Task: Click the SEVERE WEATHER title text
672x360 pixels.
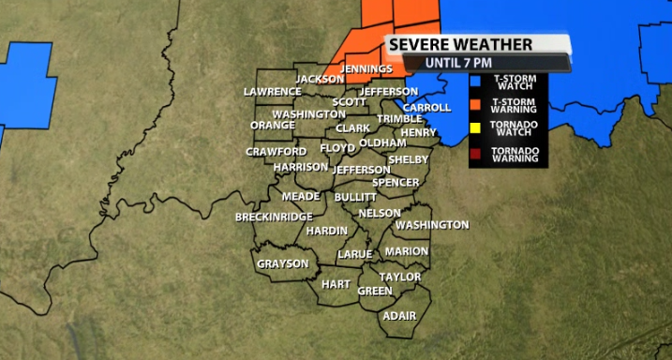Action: point(460,44)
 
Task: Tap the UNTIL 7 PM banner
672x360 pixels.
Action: point(457,62)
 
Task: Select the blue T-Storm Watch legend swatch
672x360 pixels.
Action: point(476,82)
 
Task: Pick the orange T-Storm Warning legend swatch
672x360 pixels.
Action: point(476,104)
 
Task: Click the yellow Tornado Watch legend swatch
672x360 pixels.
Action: point(476,128)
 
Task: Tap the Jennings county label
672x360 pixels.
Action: point(366,69)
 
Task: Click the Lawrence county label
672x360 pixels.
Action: point(272,92)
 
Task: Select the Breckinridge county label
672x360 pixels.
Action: point(274,217)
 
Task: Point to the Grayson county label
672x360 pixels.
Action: point(282,263)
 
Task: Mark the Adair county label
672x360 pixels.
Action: point(399,316)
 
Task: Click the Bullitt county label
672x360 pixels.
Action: point(355,198)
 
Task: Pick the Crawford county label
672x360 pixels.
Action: point(276,151)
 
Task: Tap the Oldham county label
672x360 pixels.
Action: point(382,142)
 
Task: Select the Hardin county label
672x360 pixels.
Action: point(327,231)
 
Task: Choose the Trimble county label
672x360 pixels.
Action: point(400,119)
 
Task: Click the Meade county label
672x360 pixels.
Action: point(302,196)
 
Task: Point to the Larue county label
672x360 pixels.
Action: point(355,254)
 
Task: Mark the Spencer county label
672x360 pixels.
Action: point(395,182)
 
